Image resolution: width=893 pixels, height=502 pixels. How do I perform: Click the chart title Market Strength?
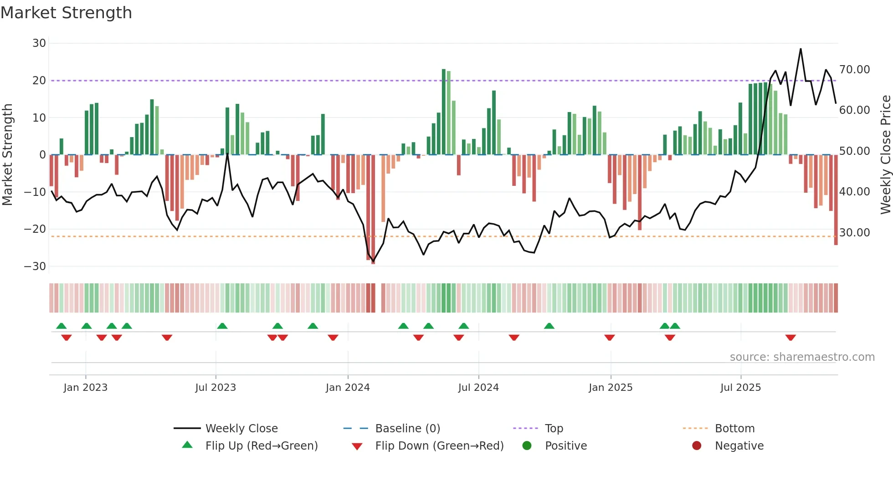coord(66,13)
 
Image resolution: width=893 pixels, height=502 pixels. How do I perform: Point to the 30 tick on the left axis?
coord(39,43)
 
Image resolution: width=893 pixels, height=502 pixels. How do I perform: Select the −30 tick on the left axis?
coord(35,266)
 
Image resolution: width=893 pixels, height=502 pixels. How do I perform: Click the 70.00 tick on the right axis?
coord(854,70)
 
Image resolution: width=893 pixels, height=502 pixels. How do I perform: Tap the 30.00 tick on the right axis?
coord(854,232)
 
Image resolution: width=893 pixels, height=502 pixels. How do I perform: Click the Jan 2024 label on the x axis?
coord(348,388)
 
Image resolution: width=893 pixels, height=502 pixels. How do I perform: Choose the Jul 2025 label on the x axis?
coord(740,388)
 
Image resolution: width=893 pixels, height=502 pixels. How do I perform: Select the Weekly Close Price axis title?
coord(885,155)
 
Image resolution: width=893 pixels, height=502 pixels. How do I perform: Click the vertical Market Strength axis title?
coord(7,155)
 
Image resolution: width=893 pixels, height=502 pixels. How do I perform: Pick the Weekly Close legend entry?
coord(241,429)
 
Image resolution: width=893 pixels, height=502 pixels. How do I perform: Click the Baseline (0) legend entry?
coord(407,429)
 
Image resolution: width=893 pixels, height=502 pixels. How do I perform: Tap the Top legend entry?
coord(554,429)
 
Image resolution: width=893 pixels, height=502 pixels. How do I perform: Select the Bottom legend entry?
coord(734,429)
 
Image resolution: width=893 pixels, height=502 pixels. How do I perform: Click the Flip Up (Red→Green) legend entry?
coord(261,446)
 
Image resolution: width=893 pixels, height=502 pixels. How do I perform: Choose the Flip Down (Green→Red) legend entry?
coord(439,446)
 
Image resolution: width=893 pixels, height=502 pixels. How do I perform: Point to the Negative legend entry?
coord(739,446)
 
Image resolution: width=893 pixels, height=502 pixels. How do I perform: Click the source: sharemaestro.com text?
coord(802,357)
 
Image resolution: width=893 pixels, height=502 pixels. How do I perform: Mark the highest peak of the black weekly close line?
coord(801,49)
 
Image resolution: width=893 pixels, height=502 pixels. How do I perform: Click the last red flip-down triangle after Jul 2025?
coord(790,338)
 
